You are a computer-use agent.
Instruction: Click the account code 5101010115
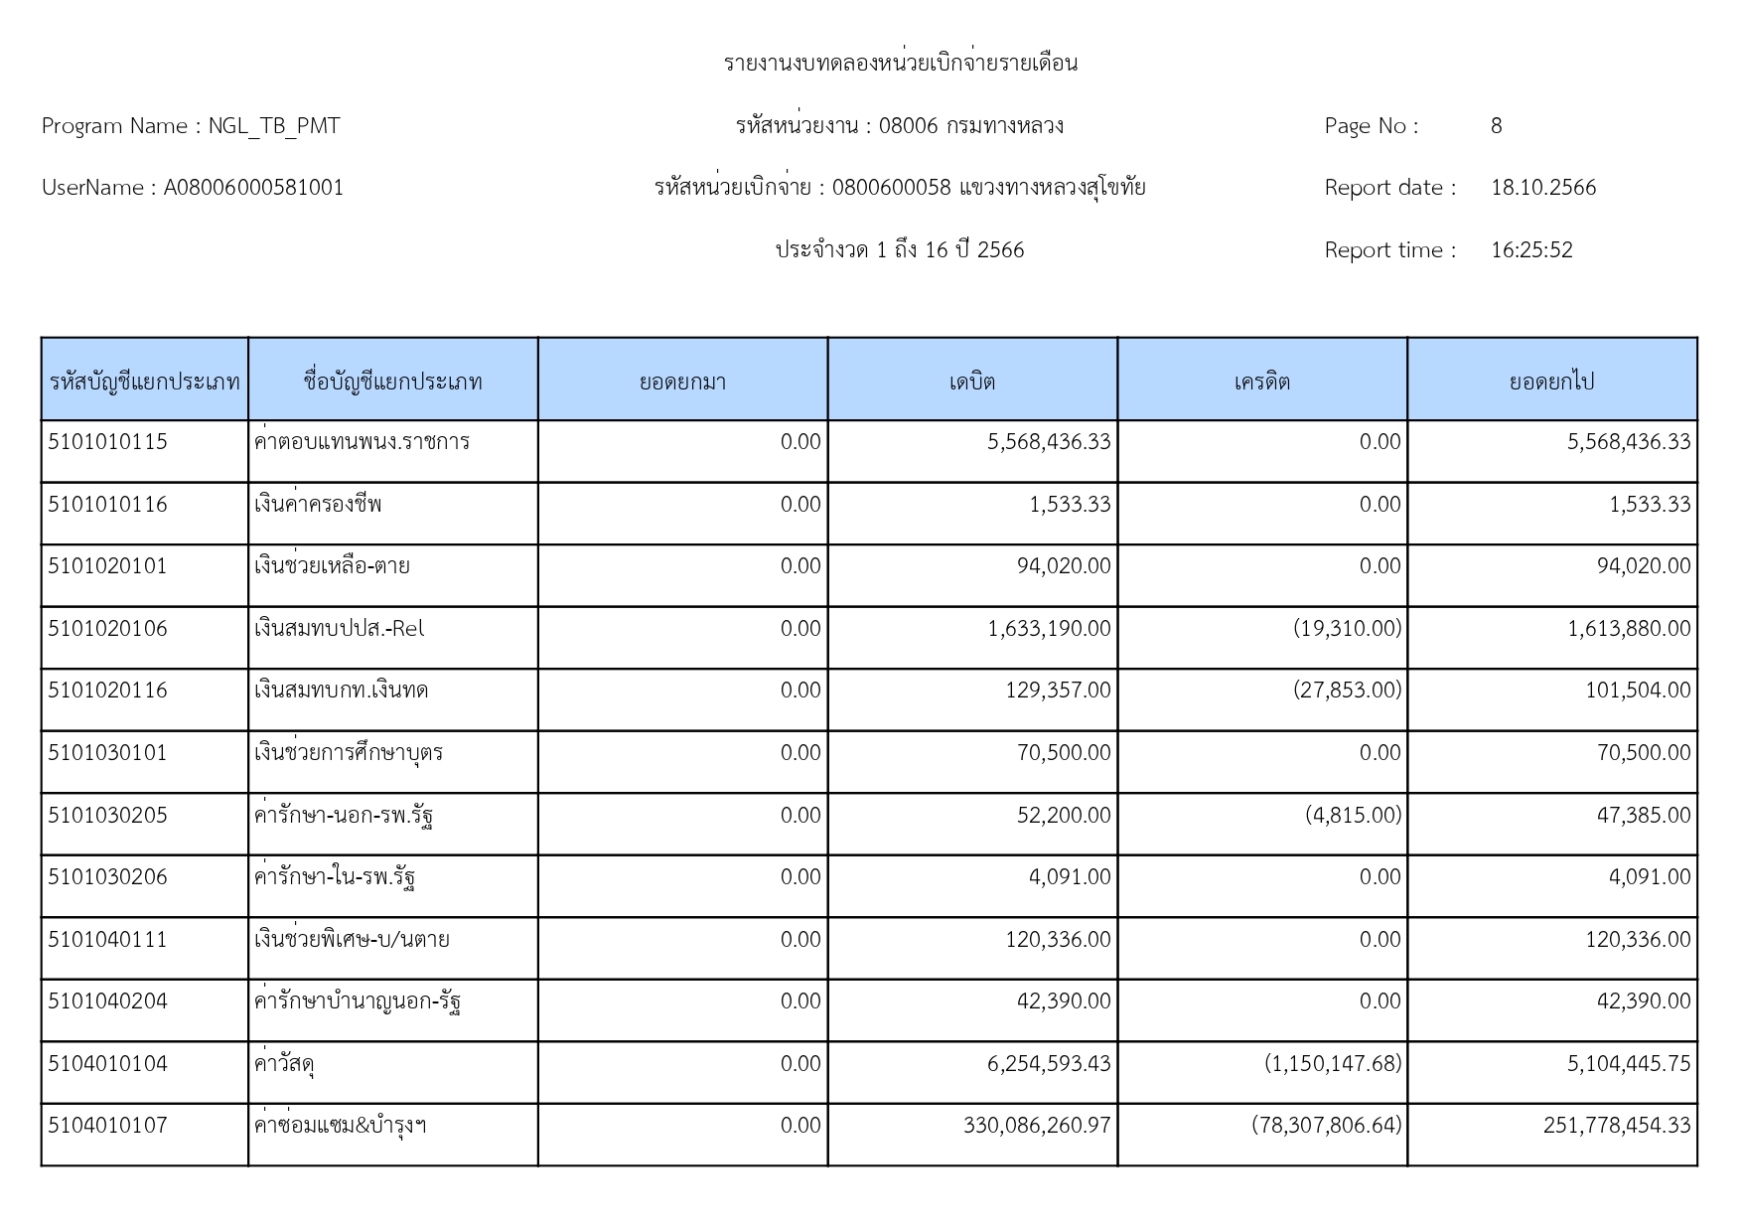point(107,442)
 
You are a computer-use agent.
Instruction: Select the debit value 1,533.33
point(1070,505)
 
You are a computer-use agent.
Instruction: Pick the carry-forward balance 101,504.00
point(1638,691)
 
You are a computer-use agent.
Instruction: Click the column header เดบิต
point(972,382)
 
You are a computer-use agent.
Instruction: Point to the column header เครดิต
point(1262,382)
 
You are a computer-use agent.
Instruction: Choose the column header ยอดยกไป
point(1551,382)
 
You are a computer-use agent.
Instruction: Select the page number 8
point(1496,126)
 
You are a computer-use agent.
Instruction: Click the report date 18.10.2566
point(1543,188)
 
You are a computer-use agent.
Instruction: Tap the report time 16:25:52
point(1531,250)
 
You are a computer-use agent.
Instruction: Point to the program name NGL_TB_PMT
point(274,126)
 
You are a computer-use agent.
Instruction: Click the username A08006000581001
point(253,188)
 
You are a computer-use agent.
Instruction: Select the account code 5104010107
point(107,1126)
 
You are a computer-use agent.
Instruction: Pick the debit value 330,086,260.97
point(1037,1126)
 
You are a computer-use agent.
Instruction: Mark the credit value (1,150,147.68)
point(1333,1064)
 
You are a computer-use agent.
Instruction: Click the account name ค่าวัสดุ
point(285,1064)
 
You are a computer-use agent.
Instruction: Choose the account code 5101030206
point(107,877)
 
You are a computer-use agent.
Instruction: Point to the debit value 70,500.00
point(1064,753)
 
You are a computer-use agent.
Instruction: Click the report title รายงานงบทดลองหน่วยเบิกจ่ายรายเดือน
point(901,64)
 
